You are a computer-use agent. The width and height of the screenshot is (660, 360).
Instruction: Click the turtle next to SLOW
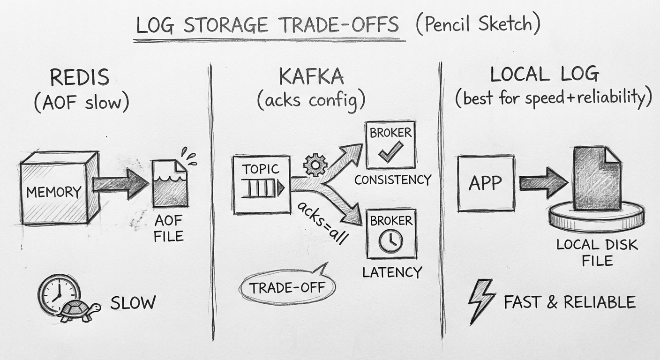[x=81, y=311]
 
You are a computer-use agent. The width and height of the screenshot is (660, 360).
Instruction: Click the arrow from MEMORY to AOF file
[x=120, y=184]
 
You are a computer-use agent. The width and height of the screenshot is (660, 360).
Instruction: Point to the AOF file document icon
[x=169, y=183]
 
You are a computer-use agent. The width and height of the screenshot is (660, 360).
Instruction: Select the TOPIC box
[x=261, y=184]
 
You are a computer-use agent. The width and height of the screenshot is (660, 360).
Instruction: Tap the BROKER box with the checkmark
[x=390, y=144]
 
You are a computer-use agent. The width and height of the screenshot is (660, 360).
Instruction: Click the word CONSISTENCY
[x=392, y=180]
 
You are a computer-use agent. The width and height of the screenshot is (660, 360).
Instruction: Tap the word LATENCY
[x=392, y=272]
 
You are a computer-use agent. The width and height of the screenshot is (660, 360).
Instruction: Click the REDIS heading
[x=79, y=78]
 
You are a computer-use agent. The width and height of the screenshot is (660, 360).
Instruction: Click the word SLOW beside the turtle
[x=133, y=303]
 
